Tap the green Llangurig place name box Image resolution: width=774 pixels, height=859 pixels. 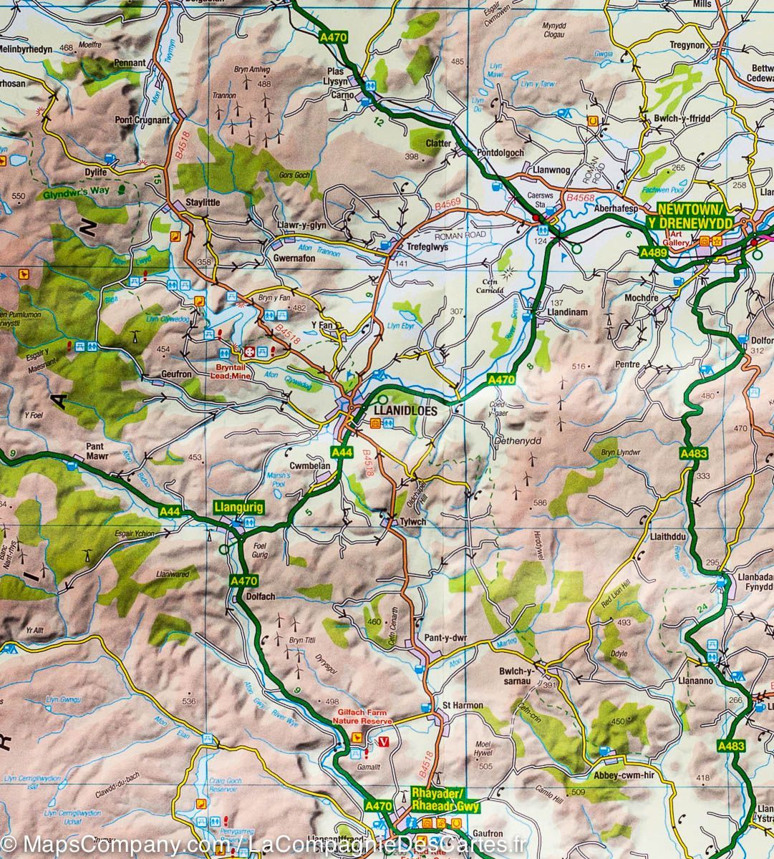(239, 508)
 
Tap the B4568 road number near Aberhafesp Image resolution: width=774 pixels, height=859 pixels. (581, 198)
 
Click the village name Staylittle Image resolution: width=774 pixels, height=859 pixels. (203, 203)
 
